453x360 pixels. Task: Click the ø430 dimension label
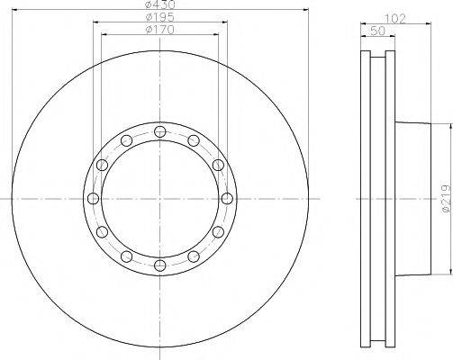[160, 4]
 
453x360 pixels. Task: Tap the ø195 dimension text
[160, 17]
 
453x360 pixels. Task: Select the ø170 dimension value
[160, 30]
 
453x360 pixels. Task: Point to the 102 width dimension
[395, 19]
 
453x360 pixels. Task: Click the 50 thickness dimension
[378, 31]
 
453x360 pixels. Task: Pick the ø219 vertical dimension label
[447, 199]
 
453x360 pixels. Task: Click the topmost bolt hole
[160, 131]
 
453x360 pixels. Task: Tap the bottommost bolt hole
[160, 265]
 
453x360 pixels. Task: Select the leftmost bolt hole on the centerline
[93, 198]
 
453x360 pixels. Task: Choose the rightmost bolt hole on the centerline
[227, 198]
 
